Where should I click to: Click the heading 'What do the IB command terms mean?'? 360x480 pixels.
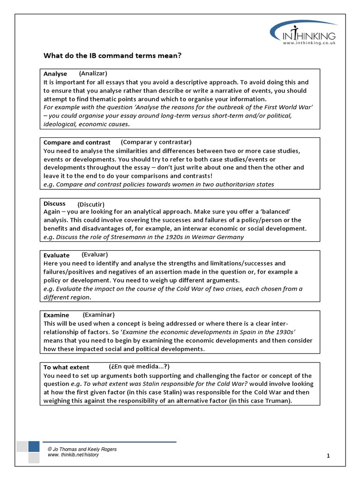point(112,56)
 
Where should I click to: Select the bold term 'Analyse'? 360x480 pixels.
point(55,74)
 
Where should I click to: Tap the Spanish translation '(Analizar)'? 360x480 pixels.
point(93,73)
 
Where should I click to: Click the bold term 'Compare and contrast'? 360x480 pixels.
point(77,142)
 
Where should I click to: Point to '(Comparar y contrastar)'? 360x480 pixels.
point(156,142)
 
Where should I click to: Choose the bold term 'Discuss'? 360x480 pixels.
point(54,203)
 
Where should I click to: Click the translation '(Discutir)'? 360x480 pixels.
point(91,204)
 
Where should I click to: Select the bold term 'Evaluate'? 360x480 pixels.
point(56,255)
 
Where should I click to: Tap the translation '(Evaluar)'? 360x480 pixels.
point(95,255)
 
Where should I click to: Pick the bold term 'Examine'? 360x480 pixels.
point(56,315)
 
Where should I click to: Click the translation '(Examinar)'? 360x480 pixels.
point(98,315)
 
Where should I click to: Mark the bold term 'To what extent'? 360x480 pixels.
point(66,367)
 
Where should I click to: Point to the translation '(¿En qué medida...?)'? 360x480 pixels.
point(139,367)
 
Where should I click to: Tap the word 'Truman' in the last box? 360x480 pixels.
point(277,401)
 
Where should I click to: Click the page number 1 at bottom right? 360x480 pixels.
point(329,456)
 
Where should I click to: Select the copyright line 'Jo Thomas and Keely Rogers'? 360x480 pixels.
point(82,449)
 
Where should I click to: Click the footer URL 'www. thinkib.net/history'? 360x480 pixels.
point(73,455)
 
